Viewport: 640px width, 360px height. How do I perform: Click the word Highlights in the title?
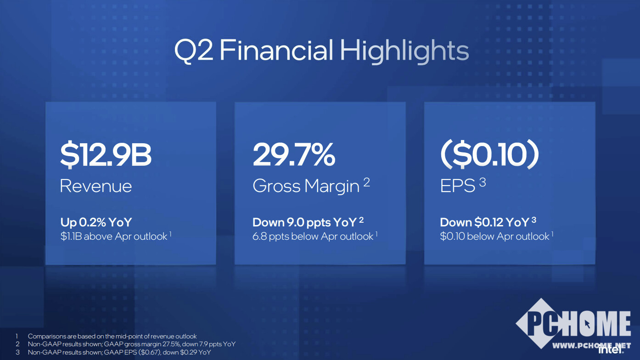404,51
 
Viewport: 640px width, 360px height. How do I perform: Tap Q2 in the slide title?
194,51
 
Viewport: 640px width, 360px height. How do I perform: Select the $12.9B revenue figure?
106,155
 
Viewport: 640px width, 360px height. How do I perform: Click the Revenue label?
96,186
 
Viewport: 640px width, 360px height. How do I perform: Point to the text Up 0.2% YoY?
96,222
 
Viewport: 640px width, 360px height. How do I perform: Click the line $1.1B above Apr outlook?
114,236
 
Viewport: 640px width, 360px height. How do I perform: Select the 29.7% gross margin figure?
294,154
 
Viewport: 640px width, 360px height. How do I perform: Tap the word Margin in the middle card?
332,186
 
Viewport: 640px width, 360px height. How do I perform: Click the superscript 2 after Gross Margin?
366,182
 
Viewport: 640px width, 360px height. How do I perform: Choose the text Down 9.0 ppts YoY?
304,222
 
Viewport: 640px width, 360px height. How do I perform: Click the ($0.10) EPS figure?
489,154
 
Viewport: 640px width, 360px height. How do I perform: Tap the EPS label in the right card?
457,186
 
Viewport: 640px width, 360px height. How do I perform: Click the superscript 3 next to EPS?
483,182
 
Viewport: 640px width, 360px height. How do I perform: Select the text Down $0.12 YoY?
485,222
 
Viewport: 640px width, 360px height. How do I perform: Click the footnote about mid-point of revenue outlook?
112,336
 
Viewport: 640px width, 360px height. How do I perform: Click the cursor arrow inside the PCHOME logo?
587,324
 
